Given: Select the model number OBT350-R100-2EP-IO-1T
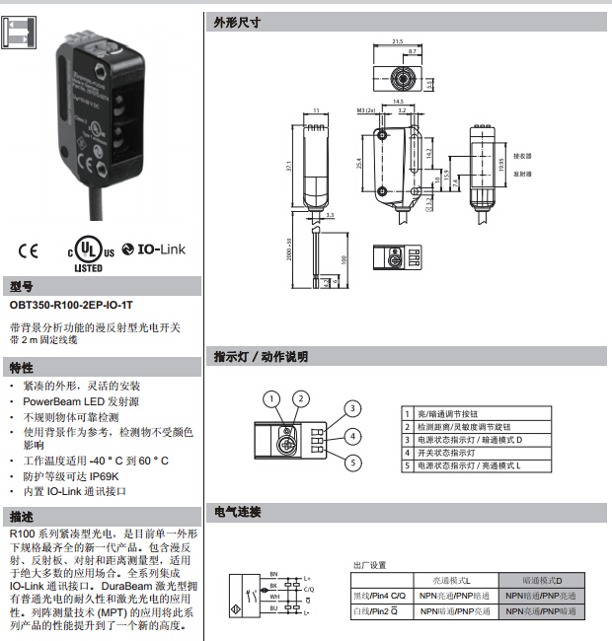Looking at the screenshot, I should (71, 306).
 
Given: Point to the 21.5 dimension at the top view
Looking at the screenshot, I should (398, 41).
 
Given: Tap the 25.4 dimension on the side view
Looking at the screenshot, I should (359, 162).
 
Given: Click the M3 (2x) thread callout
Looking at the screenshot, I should (367, 112).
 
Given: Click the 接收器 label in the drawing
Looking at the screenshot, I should (523, 156).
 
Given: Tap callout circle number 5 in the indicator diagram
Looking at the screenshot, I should (351, 463).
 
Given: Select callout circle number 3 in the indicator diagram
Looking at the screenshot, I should (351, 408).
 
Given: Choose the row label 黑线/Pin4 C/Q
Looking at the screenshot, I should (379, 597).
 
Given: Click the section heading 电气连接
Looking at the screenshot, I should (237, 512).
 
